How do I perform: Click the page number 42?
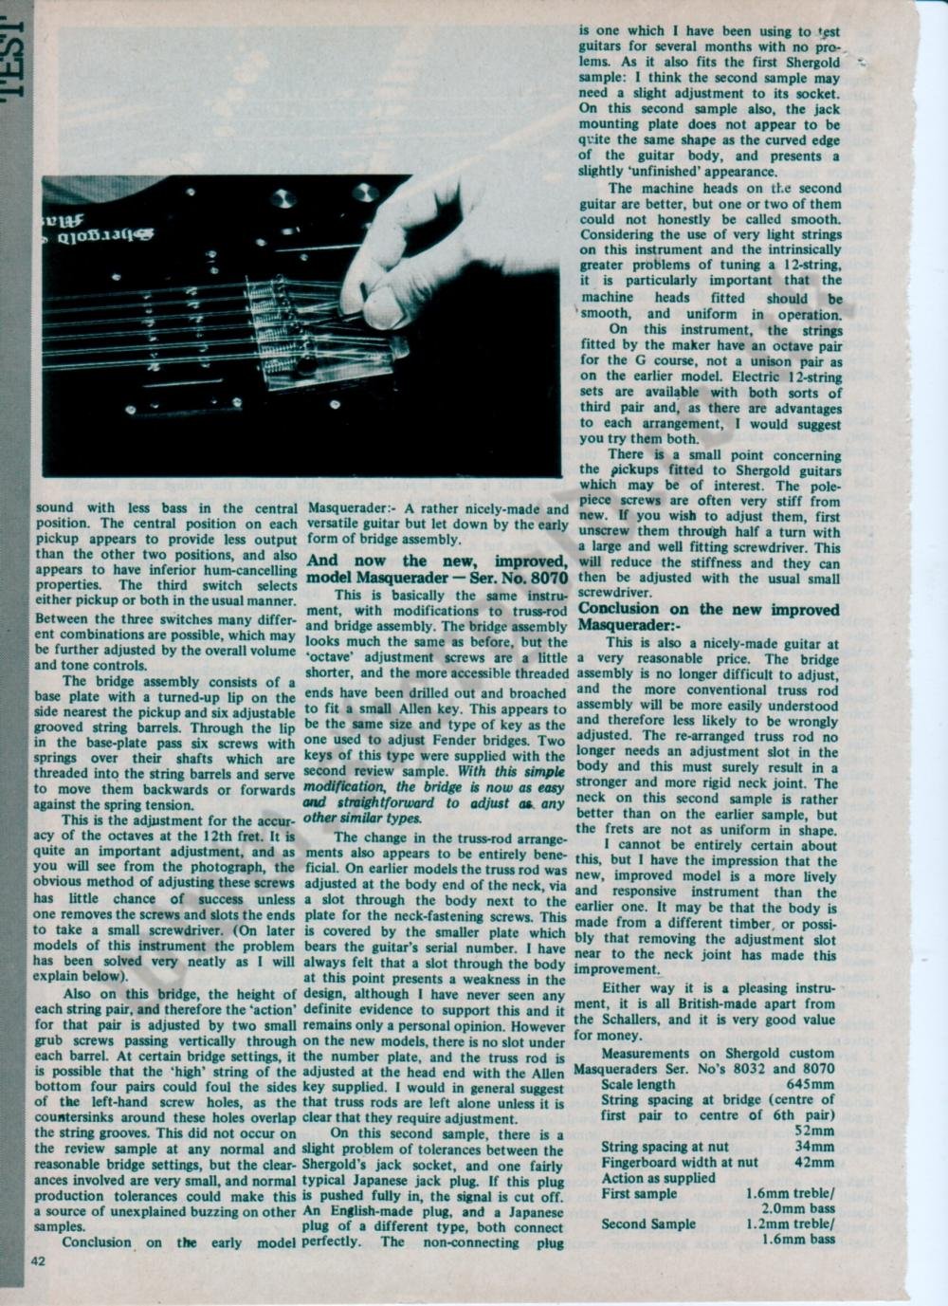38,1260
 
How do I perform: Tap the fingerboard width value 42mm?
814,1162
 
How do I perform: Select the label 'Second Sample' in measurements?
648,1223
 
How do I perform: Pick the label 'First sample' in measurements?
639,1193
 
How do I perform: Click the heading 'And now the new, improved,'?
437,561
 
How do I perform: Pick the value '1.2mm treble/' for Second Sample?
791,1223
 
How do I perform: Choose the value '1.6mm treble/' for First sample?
791,1193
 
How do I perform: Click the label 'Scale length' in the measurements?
638,1084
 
